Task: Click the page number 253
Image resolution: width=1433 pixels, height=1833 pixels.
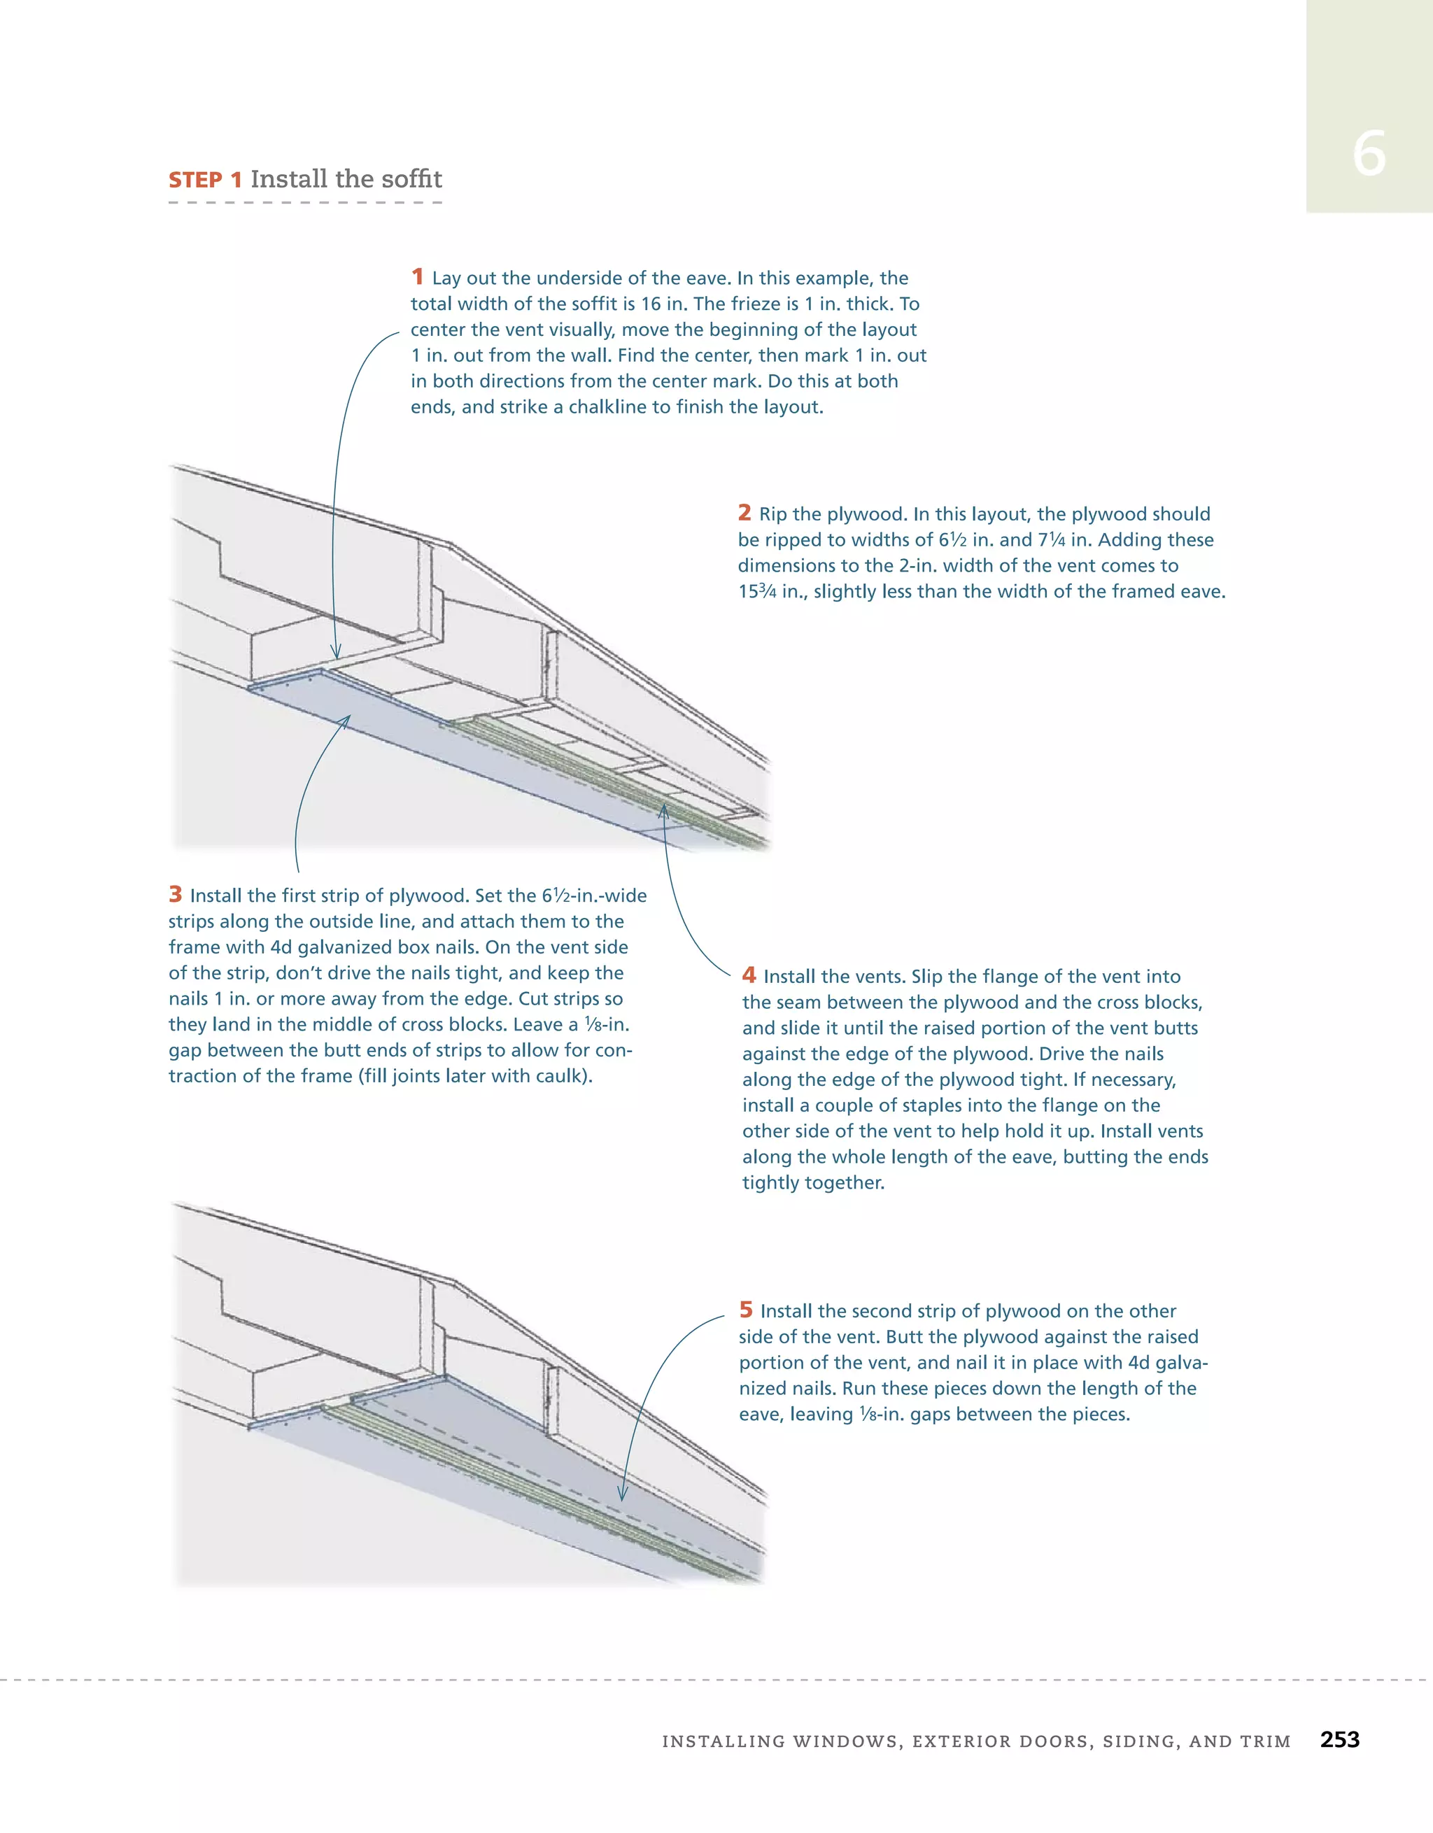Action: pos(1339,1739)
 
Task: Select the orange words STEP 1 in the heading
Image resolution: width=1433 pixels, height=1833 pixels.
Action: pos(205,180)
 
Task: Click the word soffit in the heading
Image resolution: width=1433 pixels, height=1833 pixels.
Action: pos(408,179)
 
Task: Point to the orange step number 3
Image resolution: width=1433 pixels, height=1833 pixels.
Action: pos(176,894)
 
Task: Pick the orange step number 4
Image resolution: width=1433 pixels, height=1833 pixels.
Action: pos(749,975)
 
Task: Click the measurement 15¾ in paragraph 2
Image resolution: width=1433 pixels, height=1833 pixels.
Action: pos(757,591)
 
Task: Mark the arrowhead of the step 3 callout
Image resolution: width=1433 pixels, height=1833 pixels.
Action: pos(348,718)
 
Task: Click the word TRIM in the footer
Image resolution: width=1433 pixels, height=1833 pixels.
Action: pos(1264,1741)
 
